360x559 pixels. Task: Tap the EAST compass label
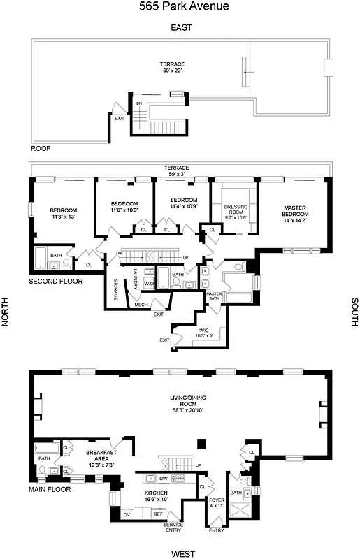click(x=181, y=28)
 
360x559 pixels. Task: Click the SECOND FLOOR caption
click(x=56, y=282)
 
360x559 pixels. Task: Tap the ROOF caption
click(x=41, y=149)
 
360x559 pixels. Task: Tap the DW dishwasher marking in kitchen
click(x=163, y=479)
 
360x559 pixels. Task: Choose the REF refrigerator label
click(x=158, y=514)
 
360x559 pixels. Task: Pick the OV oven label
click(x=127, y=514)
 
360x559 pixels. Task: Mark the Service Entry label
click(x=173, y=527)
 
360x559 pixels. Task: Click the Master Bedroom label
click(x=295, y=211)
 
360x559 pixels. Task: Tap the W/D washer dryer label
click(x=149, y=284)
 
